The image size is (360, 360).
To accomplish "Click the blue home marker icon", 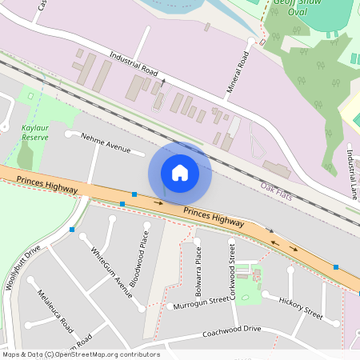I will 180,172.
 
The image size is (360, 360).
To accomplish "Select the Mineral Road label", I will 238,71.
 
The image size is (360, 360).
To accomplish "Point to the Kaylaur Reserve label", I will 35,132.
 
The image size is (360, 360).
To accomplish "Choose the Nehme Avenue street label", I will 105,142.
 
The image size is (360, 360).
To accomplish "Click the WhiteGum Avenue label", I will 111,272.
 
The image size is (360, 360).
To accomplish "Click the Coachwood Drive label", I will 232,330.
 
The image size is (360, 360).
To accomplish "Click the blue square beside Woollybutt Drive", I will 72,230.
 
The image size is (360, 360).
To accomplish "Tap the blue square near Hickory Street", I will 336,267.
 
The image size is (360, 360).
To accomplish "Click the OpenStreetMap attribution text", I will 80,354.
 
